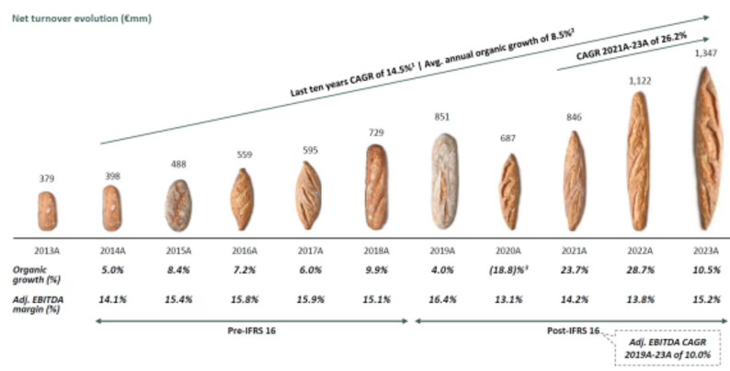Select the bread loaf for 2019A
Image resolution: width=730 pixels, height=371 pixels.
coord(444,181)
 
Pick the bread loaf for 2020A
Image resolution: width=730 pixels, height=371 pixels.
coord(508,191)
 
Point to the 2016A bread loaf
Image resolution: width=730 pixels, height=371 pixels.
coord(243,197)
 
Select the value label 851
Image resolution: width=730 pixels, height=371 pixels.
coord(444,117)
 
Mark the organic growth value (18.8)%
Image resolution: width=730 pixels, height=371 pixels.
coord(511,272)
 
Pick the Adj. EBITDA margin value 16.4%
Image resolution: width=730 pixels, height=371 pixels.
coord(444,299)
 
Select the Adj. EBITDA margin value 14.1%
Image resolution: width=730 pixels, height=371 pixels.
coord(111,299)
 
